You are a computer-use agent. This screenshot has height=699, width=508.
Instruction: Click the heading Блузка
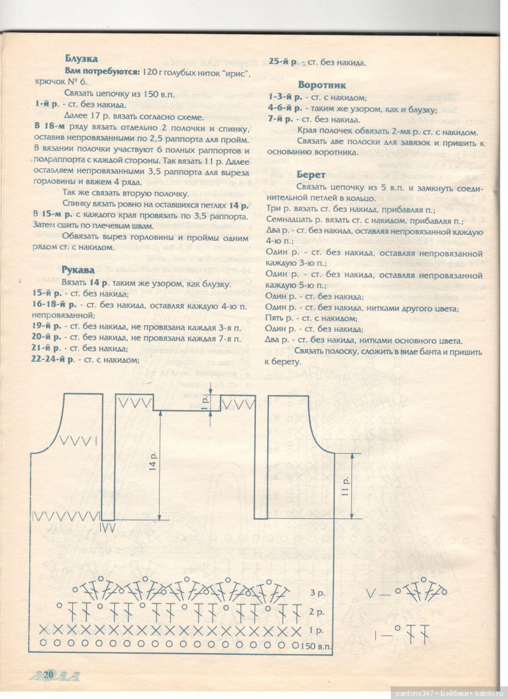coord(81,59)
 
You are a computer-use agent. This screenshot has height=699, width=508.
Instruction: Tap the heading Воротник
coord(322,85)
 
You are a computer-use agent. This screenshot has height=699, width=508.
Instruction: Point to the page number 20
coord(48,674)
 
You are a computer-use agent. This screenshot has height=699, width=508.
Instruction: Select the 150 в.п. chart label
coord(316,646)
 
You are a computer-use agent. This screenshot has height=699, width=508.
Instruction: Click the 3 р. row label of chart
coord(317,593)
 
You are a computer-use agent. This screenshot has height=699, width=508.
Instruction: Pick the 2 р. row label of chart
coord(317,612)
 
